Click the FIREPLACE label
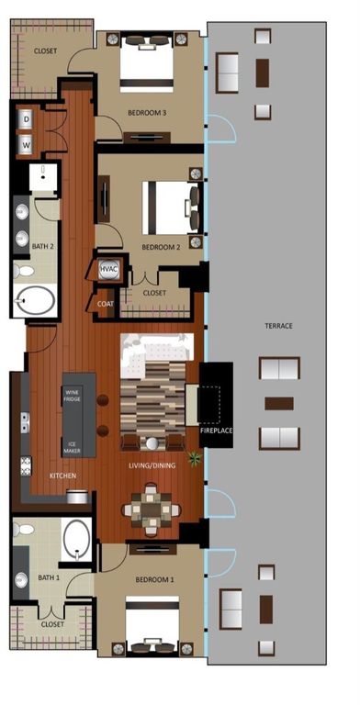(217, 430)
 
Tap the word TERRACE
(278, 326)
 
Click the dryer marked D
(26, 118)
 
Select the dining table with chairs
(147, 508)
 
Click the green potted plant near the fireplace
(194, 457)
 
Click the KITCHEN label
(62, 476)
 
